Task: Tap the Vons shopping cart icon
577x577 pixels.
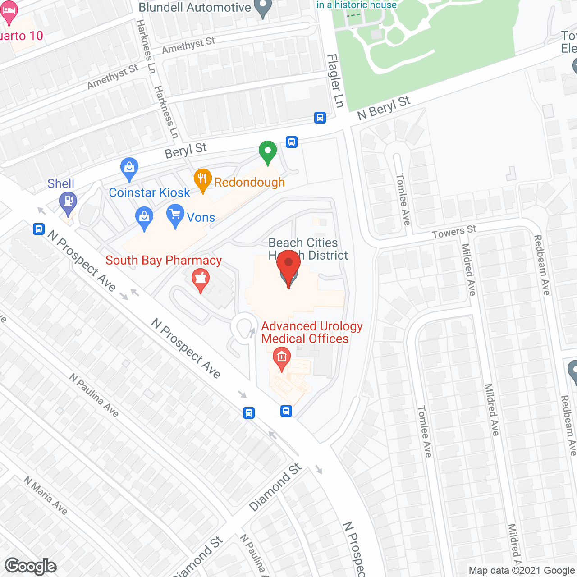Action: [x=175, y=215]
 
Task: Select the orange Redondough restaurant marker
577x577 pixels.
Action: [x=203, y=179]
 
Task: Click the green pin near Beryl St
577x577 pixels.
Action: [x=267, y=151]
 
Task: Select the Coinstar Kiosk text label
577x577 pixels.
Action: [x=149, y=193]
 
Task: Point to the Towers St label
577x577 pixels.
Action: [x=454, y=232]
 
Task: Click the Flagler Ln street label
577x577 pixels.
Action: [x=335, y=81]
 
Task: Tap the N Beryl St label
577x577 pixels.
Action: [x=384, y=108]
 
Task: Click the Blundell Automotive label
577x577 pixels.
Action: [x=194, y=7]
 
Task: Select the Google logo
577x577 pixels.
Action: [x=31, y=566]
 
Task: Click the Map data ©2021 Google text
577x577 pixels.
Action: [x=522, y=571]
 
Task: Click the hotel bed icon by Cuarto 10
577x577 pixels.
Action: [x=9, y=13]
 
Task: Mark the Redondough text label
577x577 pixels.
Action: [x=249, y=183]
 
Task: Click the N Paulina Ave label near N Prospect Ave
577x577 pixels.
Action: [x=94, y=395]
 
